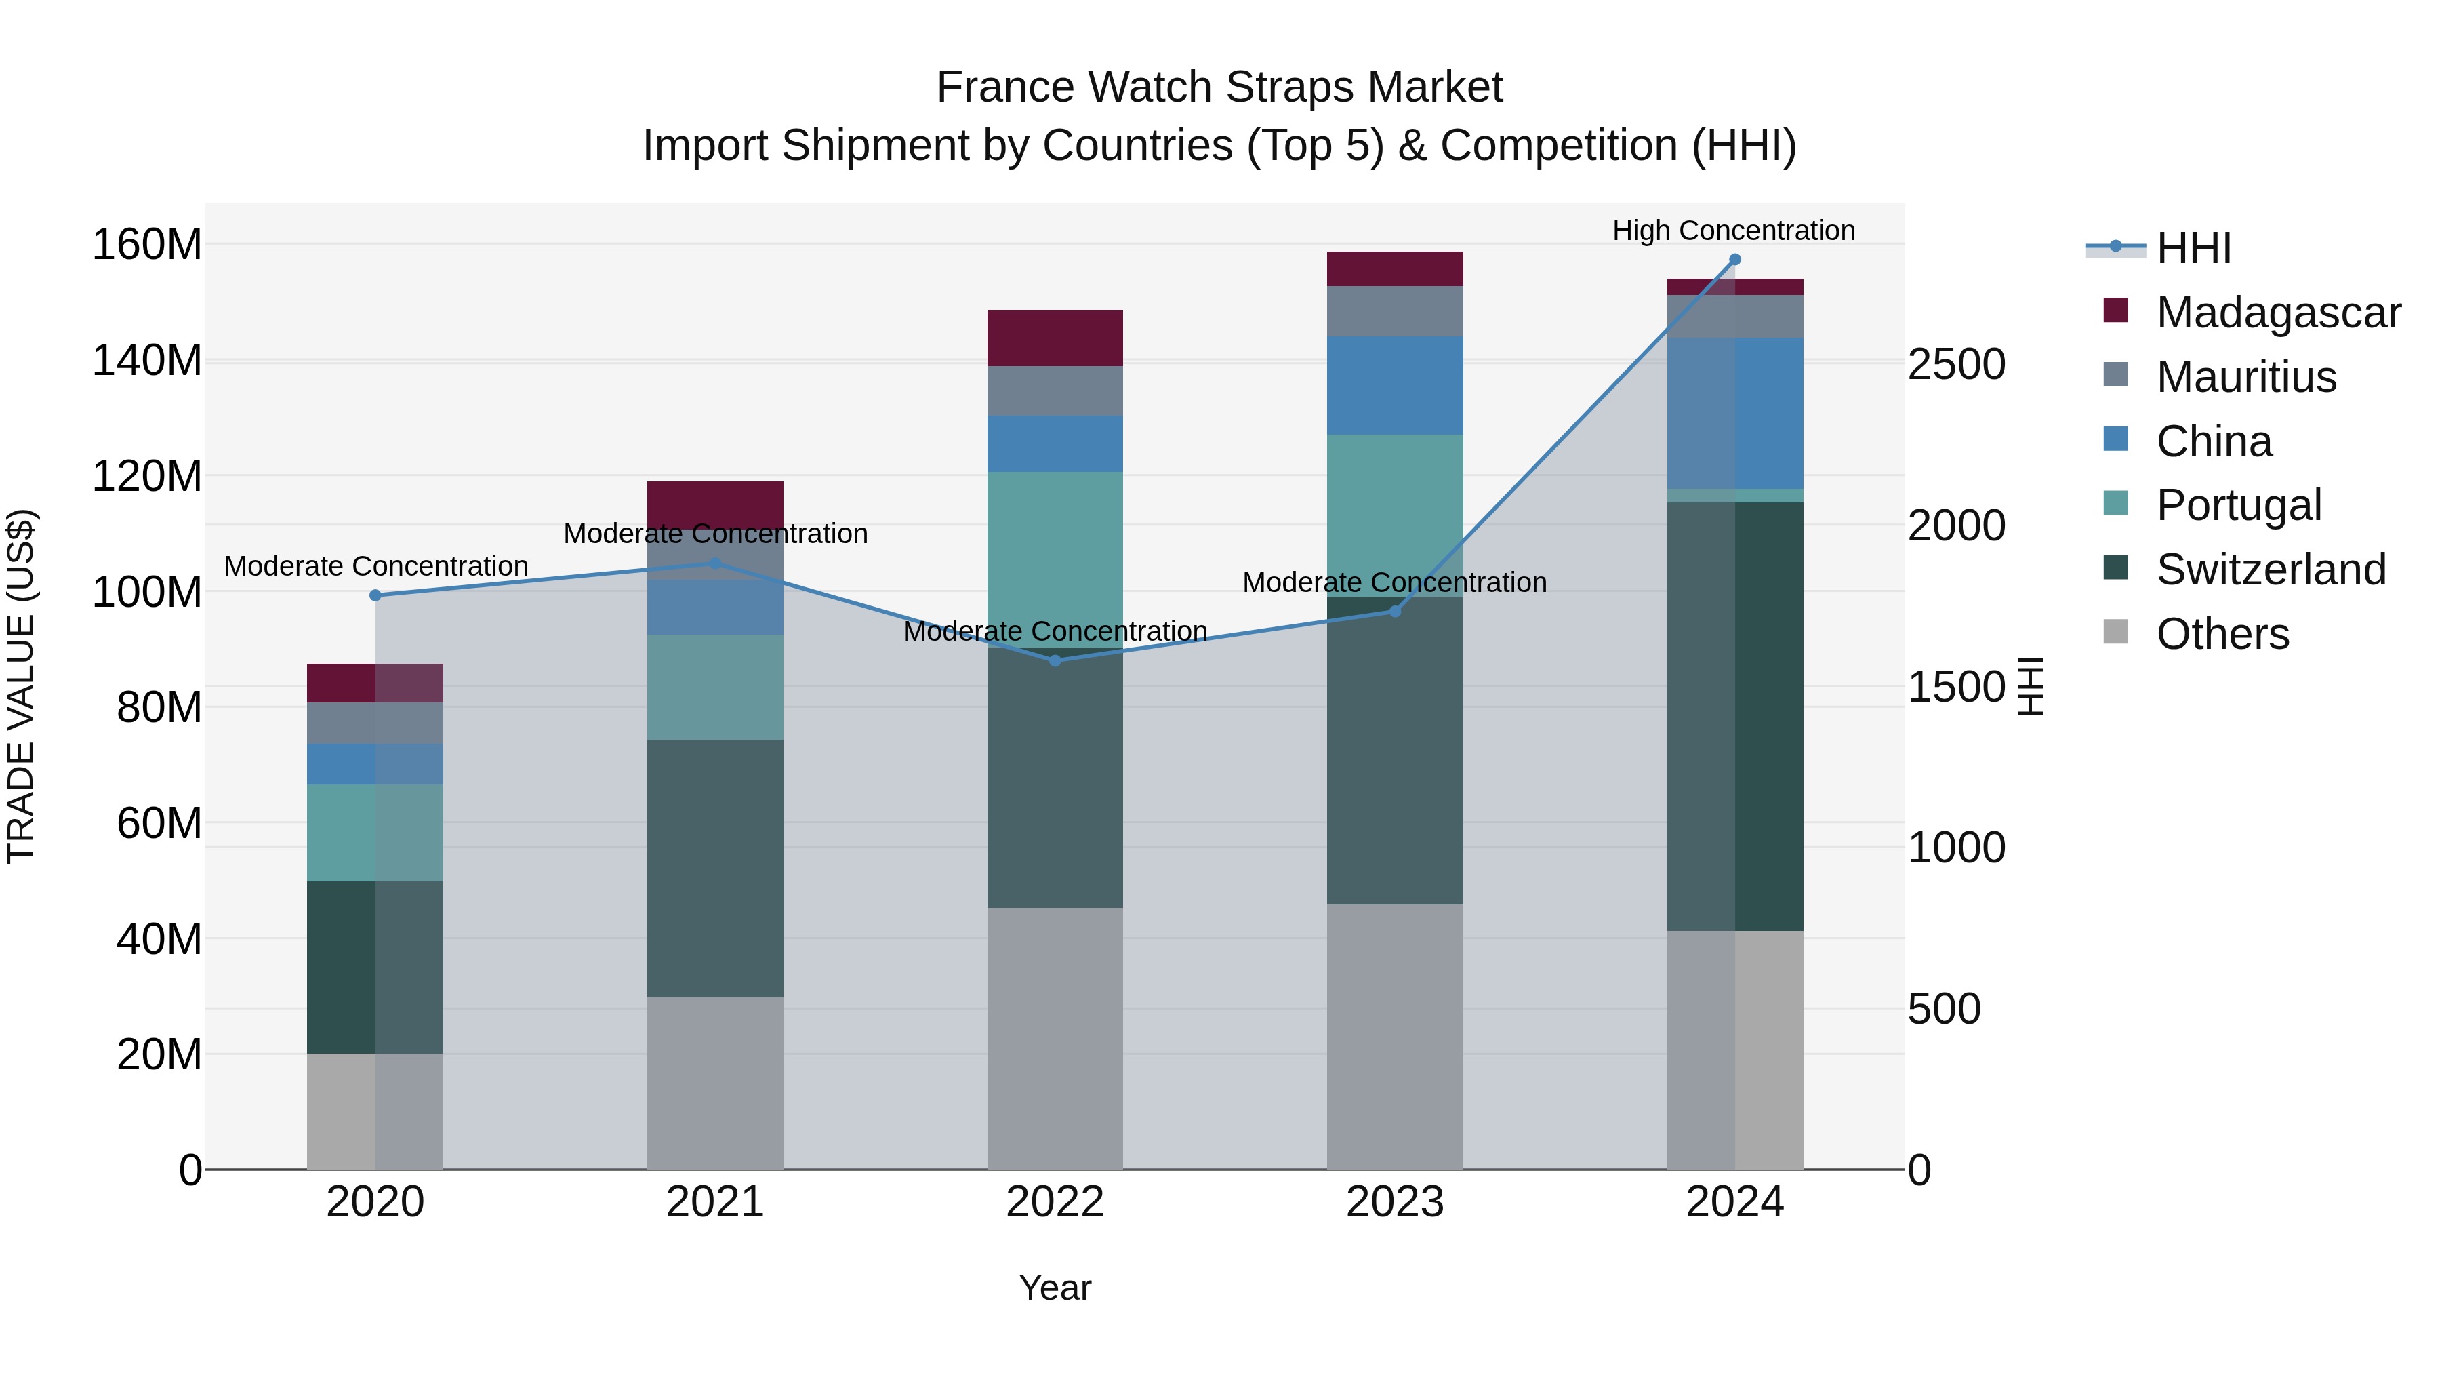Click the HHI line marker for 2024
tap(1734, 260)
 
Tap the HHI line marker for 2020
tap(375, 595)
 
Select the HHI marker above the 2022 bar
tap(1055, 660)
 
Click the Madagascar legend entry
tap(2277, 313)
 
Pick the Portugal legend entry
tap(2237, 505)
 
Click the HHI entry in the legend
tap(2193, 248)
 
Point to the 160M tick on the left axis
tap(147, 245)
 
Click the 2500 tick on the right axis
tap(1956, 364)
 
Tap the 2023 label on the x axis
tap(1394, 1202)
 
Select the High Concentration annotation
tap(1733, 231)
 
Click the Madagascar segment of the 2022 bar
tap(1055, 338)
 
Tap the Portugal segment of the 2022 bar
tap(1055, 559)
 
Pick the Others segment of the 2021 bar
tap(715, 1082)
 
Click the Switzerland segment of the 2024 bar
tap(1735, 717)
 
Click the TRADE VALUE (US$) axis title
tap(21, 686)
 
